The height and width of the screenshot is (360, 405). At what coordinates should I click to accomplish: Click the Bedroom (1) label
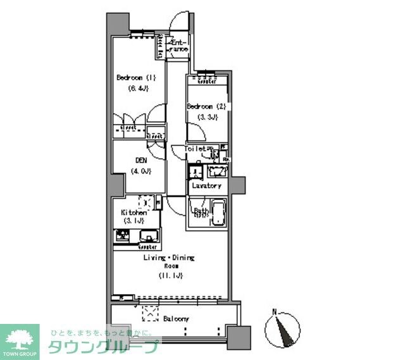pos(136,78)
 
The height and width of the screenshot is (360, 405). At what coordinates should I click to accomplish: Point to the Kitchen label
pos(134,213)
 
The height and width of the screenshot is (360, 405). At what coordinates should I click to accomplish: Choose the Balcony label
pos(175,318)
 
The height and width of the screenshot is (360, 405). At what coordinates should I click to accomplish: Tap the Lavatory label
pos(207,185)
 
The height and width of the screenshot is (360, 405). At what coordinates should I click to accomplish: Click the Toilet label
pos(196,149)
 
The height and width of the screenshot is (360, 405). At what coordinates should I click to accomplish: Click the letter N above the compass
pos(274,311)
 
